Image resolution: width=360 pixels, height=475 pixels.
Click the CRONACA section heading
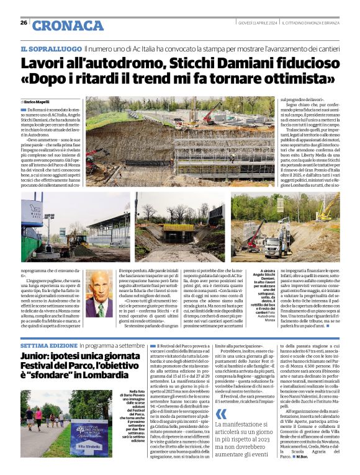(x=68, y=25)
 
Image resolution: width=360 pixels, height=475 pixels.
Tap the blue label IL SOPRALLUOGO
(x=51, y=48)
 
